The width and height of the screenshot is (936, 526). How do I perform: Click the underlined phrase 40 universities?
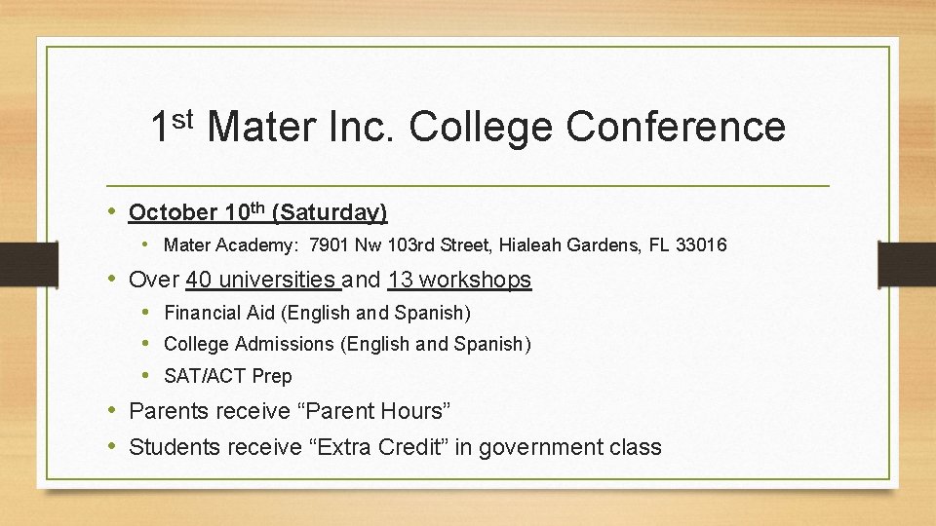tap(262, 281)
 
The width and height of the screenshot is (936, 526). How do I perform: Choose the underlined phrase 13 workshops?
tap(459, 281)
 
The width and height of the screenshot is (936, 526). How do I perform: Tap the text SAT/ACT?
tap(205, 376)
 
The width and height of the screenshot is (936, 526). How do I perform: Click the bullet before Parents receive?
tap(113, 411)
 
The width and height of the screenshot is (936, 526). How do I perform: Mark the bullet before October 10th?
tap(113, 211)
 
